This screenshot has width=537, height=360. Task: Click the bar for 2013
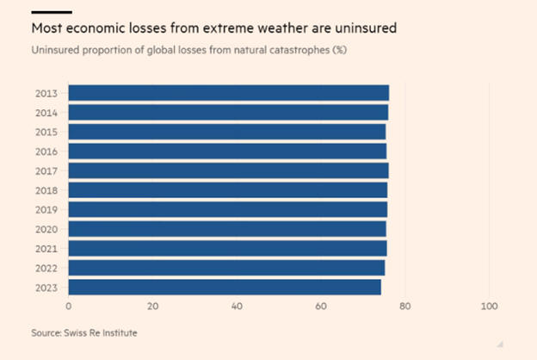[228, 93]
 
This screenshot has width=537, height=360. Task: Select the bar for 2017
[228, 171]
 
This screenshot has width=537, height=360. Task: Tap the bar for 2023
[224, 288]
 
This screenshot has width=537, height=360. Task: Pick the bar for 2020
[226, 229]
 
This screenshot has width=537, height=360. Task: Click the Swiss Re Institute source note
[83, 332]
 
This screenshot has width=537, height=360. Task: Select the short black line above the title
[51, 12]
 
